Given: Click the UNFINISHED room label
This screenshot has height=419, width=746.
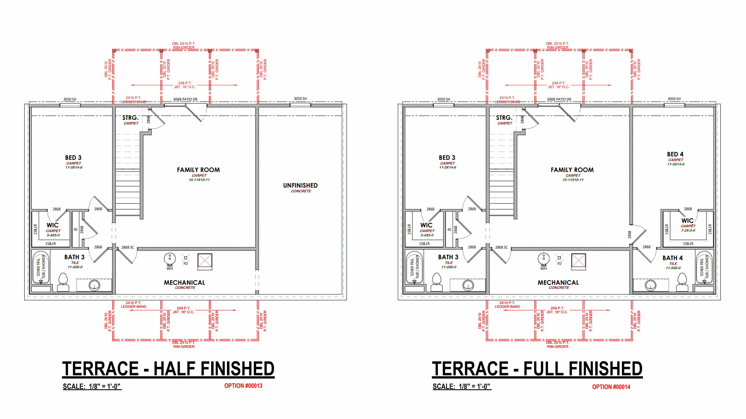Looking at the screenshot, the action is [300, 185].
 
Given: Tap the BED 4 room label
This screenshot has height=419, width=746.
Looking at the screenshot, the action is [675, 154].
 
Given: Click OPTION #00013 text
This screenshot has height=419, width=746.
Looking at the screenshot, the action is [243, 386].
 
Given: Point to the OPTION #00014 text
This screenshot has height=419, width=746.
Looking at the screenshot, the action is [611, 387].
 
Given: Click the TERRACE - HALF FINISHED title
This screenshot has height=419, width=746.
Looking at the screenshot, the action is [168, 369].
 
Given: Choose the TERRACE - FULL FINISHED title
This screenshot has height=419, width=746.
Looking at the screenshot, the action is [537, 369].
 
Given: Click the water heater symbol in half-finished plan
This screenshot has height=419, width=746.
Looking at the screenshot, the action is [170, 259].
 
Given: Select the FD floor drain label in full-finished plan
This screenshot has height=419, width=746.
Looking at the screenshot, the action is [559, 264].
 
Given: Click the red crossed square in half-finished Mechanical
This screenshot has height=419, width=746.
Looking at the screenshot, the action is [205, 262].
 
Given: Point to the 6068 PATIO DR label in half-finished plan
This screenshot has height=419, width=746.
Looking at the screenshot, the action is [185, 99].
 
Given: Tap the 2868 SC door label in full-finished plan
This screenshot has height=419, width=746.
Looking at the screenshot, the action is [501, 247].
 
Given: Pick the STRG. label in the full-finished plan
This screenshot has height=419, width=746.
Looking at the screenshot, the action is [504, 118].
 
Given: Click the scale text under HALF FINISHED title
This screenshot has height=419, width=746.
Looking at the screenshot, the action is [92, 386].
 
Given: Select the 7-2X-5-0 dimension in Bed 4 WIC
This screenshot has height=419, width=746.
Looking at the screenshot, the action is [688, 231].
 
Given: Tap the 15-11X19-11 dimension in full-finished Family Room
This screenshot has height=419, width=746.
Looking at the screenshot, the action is [573, 180].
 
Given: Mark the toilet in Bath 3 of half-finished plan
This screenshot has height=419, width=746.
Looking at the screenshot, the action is [63, 282].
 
